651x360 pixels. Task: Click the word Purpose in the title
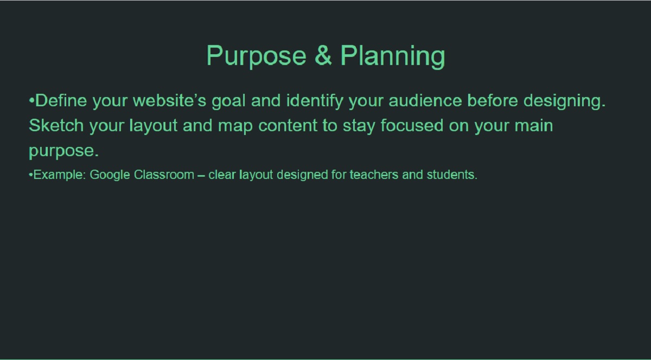pos(256,56)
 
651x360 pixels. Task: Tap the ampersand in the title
pos(323,55)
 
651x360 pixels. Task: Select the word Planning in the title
pos(393,56)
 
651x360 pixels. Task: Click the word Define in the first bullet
pos(61,100)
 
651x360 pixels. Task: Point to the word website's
pos(169,100)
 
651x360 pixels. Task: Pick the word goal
pos(229,102)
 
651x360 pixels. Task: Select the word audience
pos(425,100)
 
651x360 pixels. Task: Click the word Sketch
pos(56,126)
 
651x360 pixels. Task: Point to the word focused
pos(412,126)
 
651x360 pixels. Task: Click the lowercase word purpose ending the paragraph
pos(63,152)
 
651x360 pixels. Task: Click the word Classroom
pos(164,175)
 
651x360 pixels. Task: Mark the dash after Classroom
pos(201,176)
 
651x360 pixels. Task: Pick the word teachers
pos(374,175)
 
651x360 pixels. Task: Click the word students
pos(452,175)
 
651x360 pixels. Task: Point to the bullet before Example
pos(30,175)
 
